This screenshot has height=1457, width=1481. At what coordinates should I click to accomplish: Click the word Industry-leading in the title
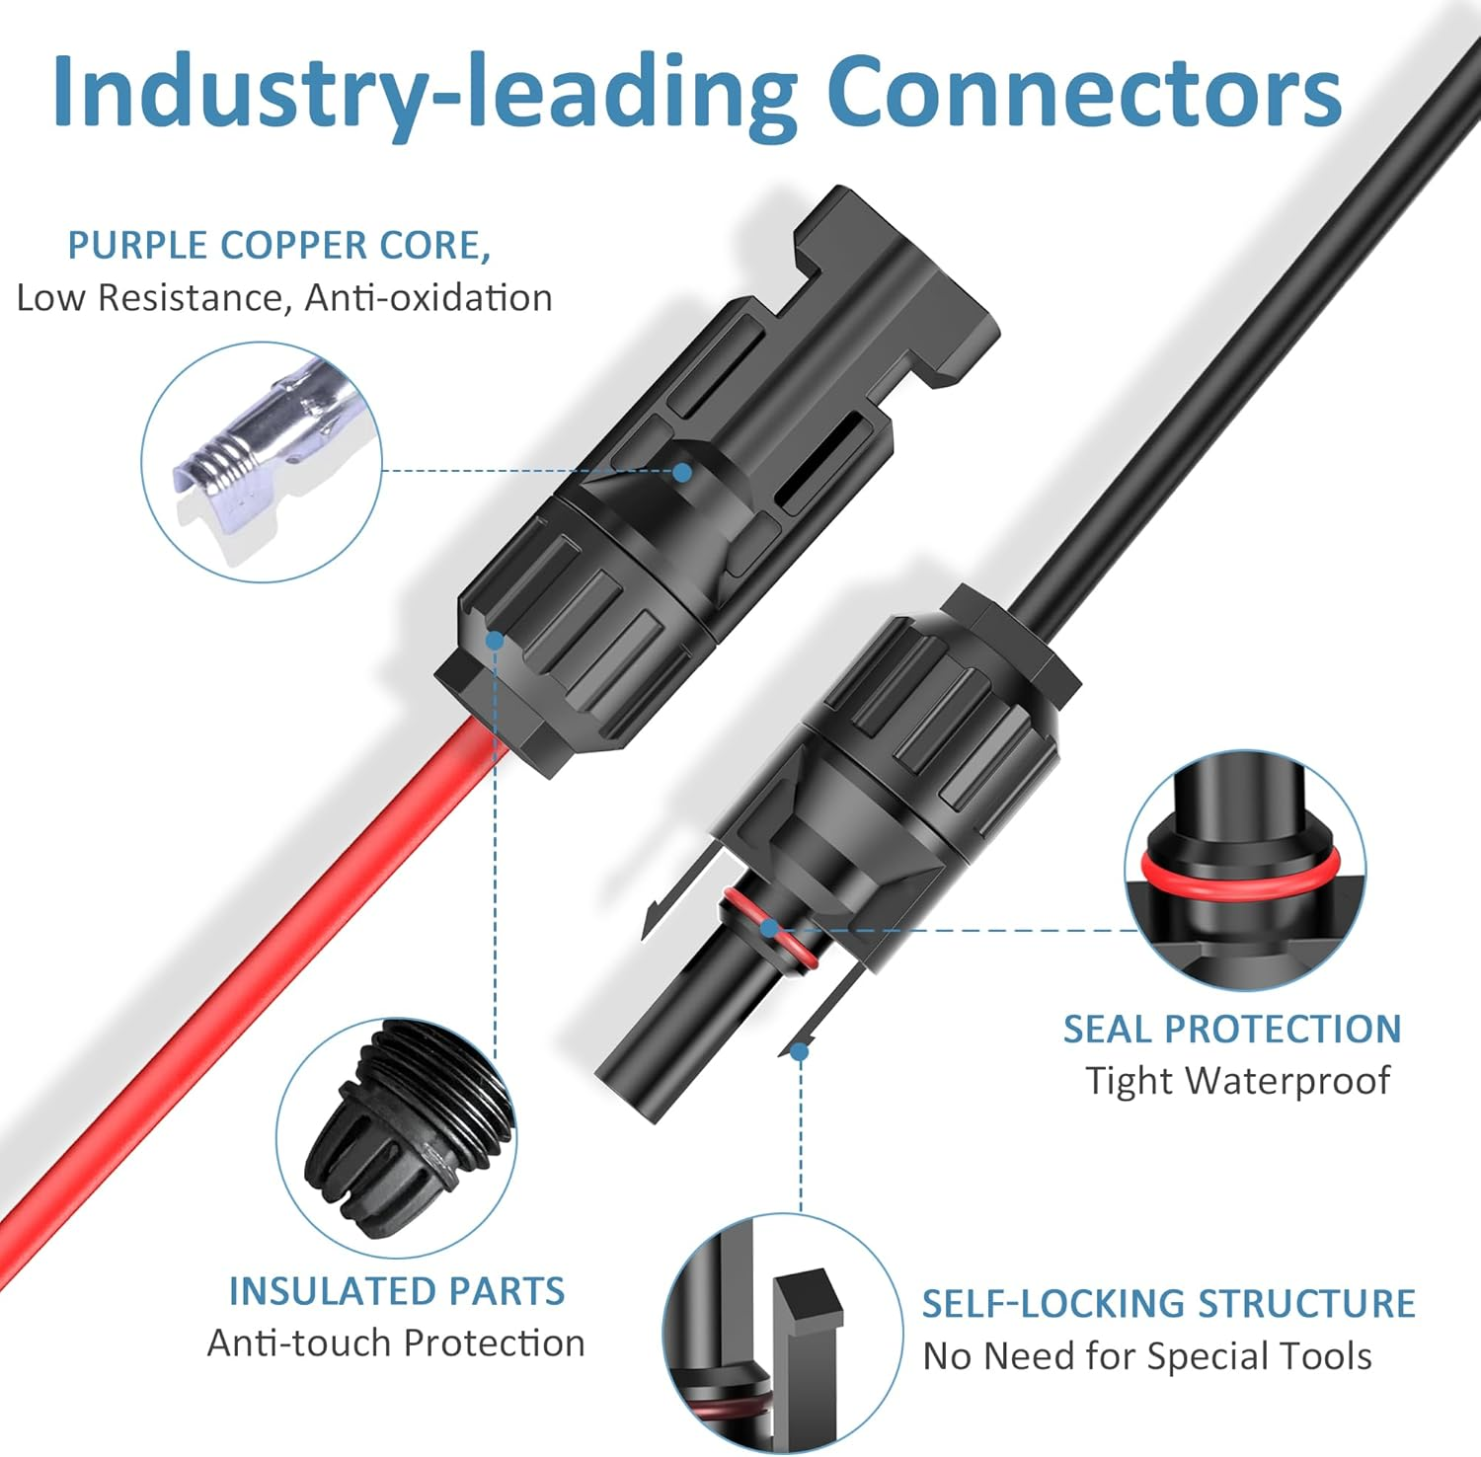(425, 94)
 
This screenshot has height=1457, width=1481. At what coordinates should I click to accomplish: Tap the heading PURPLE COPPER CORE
(278, 245)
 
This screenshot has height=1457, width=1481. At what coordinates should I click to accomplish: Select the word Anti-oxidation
(428, 297)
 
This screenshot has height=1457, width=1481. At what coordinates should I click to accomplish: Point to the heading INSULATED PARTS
(396, 1291)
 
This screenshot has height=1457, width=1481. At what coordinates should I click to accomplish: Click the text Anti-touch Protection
(396, 1342)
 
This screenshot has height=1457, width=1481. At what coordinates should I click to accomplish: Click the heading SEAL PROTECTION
(1231, 1029)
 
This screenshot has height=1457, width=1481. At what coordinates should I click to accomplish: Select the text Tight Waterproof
(1237, 1080)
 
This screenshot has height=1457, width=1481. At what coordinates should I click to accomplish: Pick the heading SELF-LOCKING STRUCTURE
(1168, 1303)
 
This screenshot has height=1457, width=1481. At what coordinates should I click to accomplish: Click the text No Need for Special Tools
(1147, 1356)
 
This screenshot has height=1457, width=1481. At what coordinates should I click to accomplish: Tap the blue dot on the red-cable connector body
(681, 472)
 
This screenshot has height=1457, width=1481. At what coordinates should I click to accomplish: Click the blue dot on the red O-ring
(769, 928)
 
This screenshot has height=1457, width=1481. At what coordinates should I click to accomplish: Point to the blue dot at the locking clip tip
(800, 1052)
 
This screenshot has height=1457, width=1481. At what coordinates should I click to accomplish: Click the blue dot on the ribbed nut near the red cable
(495, 641)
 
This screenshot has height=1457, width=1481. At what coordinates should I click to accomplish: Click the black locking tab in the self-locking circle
(808, 1362)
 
